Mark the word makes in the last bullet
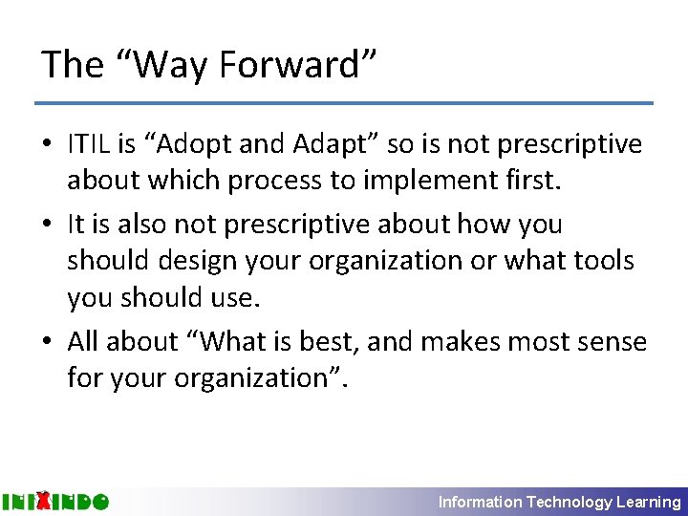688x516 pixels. tap(464, 341)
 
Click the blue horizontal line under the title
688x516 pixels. tap(344, 103)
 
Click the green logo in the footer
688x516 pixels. tap(55, 501)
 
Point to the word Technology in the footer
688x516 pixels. tap(570, 502)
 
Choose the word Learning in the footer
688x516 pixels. tap(649, 502)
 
